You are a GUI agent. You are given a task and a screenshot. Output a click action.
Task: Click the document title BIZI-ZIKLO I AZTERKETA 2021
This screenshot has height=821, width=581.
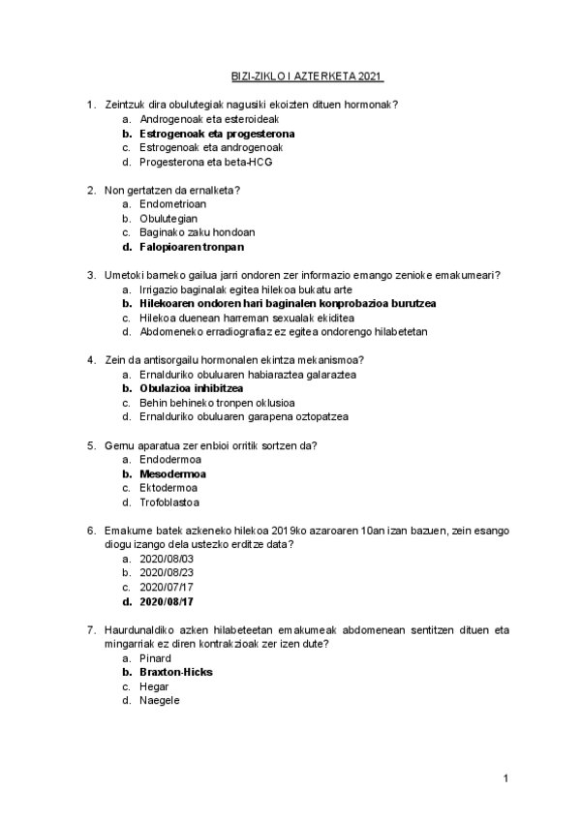[x=308, y=75]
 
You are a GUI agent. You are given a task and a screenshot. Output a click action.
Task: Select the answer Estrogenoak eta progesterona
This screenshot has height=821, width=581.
[x=217, y=133]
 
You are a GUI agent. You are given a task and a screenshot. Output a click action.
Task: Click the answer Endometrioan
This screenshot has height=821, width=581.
[x=172, y=204]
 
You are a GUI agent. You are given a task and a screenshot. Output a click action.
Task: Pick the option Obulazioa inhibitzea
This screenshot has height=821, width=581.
[x=191, y=388]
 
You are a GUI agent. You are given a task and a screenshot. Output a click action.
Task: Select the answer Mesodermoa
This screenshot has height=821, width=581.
[x=172, y=474]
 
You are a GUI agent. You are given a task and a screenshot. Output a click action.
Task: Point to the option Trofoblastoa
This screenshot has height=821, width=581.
[x=169, y=502]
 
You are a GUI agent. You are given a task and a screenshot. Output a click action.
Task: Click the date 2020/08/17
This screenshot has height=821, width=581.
[x=167, y=601]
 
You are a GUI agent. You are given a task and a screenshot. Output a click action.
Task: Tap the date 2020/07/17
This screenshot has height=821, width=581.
[x=167, y=587]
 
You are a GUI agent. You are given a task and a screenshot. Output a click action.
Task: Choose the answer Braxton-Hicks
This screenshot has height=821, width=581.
[x=176, y=672]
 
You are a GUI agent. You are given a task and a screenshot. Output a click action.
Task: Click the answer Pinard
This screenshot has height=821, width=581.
[x=155, y=657]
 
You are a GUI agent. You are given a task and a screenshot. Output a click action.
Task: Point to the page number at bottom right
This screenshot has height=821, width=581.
[x=505, y=778]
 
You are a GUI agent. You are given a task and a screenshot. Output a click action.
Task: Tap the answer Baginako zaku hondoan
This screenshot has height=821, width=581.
[x=198, y=232]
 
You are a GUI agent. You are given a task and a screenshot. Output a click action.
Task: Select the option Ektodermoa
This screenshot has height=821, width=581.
[x=168, y=488]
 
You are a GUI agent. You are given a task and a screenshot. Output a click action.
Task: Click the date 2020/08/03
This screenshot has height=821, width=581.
[x=167, y=559]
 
